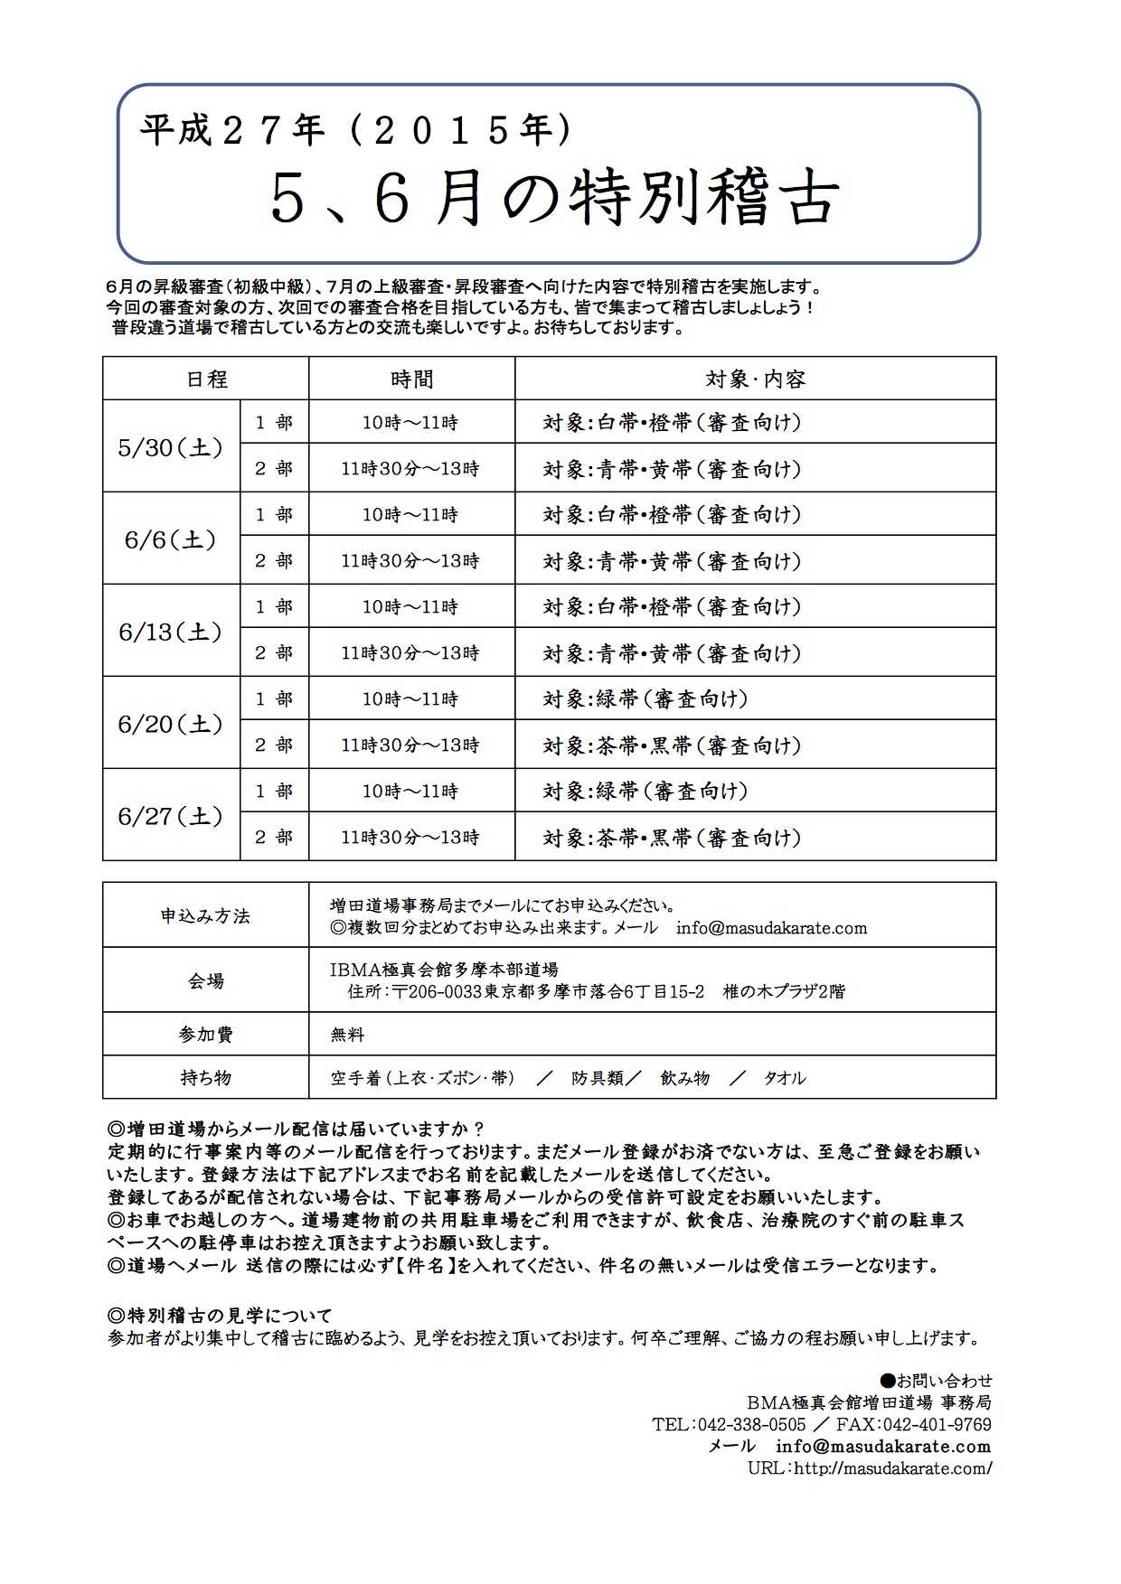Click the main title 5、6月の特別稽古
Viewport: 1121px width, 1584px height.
coord(554,200)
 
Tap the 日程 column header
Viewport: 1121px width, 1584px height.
coord(206,379)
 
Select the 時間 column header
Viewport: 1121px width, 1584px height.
coord(411,379)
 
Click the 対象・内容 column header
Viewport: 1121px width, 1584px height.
coord(755,379)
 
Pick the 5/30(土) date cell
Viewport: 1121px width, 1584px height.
coord(171,447)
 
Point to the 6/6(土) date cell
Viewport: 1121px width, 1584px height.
coord(171,539)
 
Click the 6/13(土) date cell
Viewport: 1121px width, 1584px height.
coord(171,632)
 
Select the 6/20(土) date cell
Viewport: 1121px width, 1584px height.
coord(171,724)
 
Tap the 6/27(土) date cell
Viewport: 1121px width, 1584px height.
coord(171,816)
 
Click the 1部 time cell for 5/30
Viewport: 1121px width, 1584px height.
coord(410,422)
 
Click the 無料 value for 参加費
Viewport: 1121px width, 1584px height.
coord(347,1034)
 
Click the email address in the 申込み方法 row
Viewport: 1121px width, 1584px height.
coord(771,928)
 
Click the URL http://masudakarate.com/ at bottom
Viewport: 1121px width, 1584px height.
coord(870,1468)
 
